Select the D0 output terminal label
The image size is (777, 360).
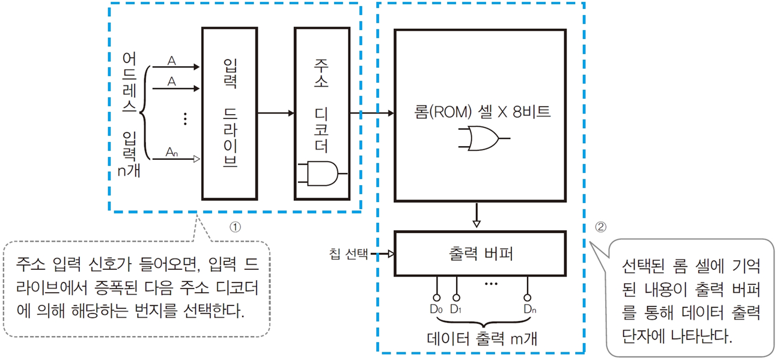click(437, 310)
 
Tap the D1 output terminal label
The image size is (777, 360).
click(456, 310)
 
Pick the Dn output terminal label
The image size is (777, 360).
click(528, 310)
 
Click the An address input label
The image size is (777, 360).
click(172, 153)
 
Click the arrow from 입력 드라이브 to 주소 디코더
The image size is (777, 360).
click(275, 113)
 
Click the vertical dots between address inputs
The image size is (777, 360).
click(185, 120)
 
